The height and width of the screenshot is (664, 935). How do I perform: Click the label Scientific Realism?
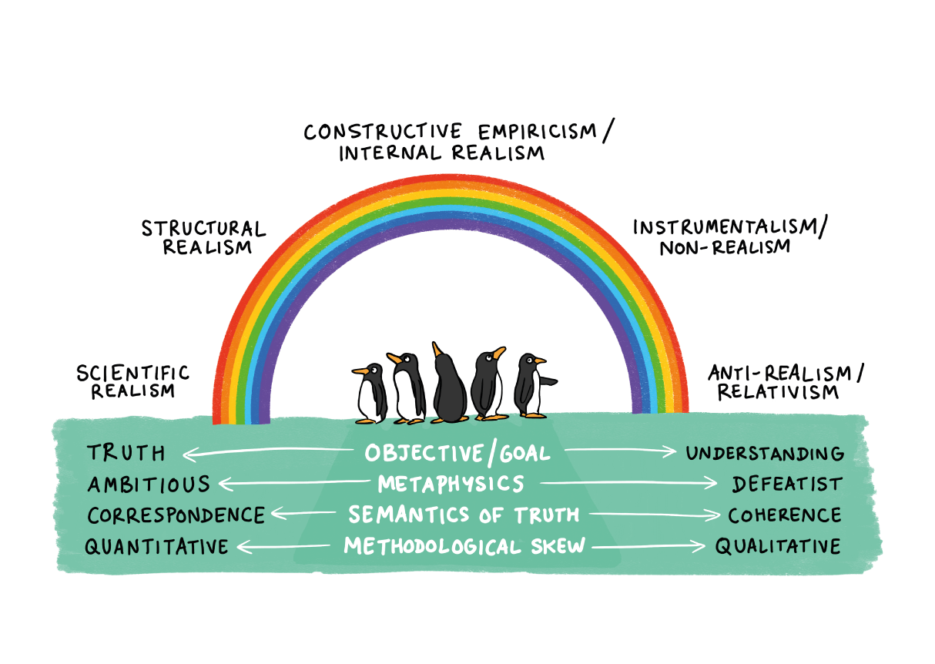[132, 381]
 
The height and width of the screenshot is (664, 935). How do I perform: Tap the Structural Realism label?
[203, 237]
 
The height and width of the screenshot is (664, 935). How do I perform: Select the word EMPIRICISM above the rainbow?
[538, 132]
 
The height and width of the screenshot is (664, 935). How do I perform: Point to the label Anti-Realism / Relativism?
[786, 382]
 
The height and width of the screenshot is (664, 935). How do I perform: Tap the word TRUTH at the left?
[126, 453]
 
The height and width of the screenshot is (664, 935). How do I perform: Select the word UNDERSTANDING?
[765, 454]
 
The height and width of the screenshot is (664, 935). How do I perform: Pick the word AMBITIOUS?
[149, 484]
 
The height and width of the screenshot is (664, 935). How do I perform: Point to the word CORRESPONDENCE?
[176, 515]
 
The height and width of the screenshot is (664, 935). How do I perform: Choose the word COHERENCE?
[785, 515]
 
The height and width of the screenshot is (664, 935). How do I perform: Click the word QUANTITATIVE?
[156, 546]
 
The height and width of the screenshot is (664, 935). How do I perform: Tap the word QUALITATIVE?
[778, 546]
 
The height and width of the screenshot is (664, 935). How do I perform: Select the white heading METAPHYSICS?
[451, 484]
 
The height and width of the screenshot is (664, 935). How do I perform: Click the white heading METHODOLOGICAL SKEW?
[464, 546]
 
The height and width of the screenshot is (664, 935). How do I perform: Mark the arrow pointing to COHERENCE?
[655, 515]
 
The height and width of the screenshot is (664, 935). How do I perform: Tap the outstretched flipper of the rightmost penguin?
[548, 381]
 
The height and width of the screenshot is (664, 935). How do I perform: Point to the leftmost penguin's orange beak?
[360, 371]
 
